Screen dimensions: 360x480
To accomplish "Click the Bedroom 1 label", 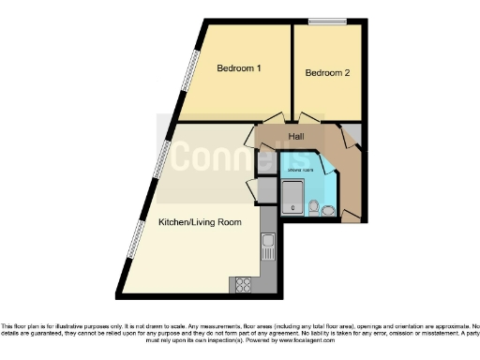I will (x=238, y=67).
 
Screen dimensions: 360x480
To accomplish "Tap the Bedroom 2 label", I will (x=327, y=72).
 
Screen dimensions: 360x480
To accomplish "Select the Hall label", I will (x=295, y=137).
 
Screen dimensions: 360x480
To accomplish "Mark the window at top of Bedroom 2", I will (x=328, y=22).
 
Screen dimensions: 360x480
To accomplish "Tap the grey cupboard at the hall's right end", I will (x=352, y=133).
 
